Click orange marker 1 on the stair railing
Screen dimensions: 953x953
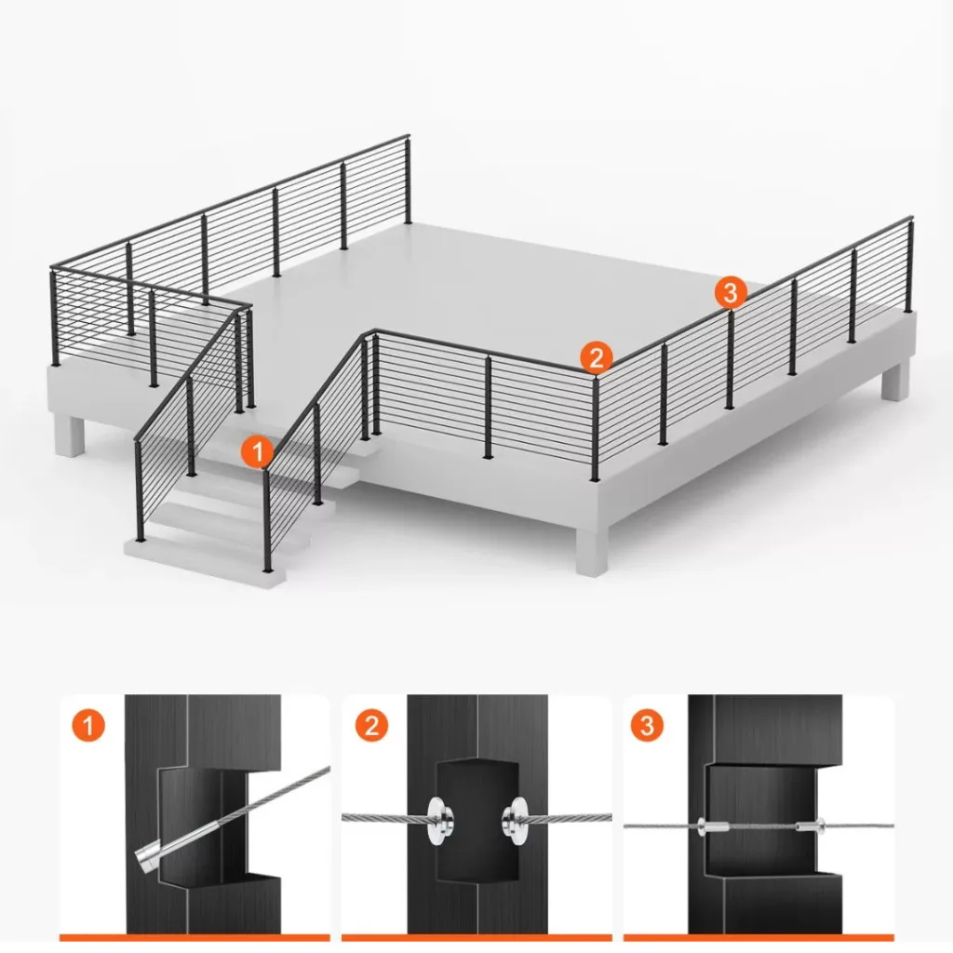coord(258,451)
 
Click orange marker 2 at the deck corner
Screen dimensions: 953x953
coord(597,357)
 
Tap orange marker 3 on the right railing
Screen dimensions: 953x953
coord(731,292)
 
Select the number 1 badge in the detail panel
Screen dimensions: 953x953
coord(88,725)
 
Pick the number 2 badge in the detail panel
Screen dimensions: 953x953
coord(371,725)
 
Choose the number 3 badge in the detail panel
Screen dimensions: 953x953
coord(648,725)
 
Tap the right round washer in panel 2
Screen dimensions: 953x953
coord(516,821)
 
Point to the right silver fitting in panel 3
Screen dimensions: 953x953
coord(811,826)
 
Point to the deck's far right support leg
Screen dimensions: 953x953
coord(896,381)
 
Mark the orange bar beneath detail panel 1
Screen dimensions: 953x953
coord(195,938)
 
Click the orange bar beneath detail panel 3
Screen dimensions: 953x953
coord(758,938)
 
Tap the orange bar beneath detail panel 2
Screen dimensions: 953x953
coord(476,938)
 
